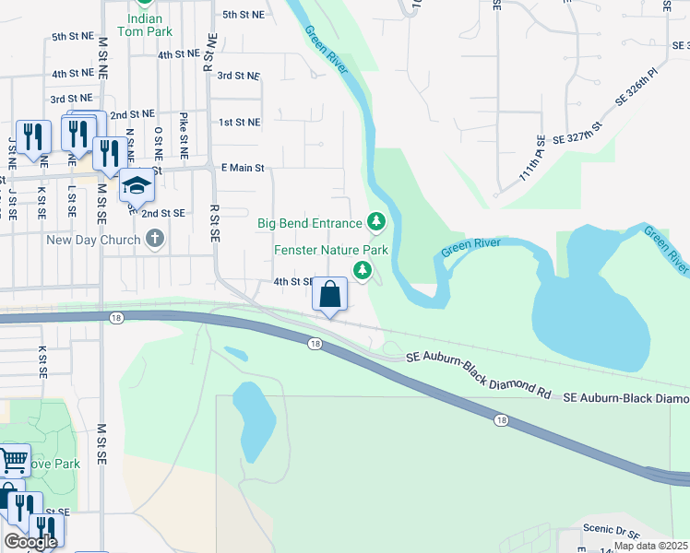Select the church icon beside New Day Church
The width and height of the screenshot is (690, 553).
pyautogui.click(x=155, y=240)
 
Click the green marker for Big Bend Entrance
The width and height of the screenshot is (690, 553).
pyautogui.click(x=375, y=221)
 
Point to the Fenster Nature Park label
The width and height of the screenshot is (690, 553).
pyautogui.click(x=329, y=250)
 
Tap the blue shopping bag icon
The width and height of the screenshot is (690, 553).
pyautogui.click(x=329, y=295)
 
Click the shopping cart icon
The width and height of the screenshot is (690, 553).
pyautogui.click(x=12, y=458)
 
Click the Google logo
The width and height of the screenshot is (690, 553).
pyautogui.click(x=30, y=541)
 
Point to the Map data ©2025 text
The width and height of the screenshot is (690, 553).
pyautogui.click(x=650, y=546)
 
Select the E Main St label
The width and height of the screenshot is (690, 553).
pyautogui.click(x=243, y=169)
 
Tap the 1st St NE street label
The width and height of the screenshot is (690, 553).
pyautogui.click(x=239, y=122)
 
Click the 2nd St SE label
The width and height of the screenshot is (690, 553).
pyautogui.click(x=163, y=213)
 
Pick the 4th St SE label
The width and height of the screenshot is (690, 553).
pyautogui.click(x=294, y=281)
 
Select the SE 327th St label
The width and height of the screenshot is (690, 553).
pyautogui.click(x=577, y=132)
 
